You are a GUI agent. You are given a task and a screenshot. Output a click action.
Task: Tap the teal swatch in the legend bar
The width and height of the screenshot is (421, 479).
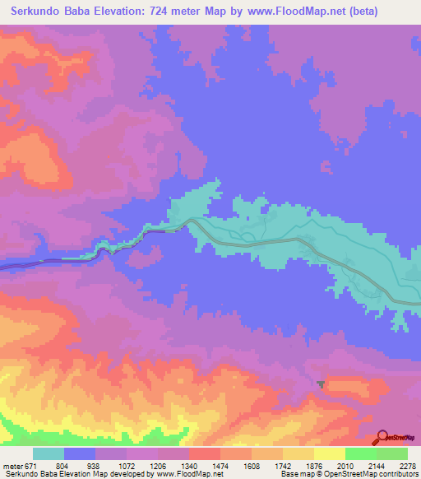click(x=49, y=453)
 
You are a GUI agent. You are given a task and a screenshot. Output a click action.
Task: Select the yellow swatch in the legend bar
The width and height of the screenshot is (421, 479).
click(x=329, y=453)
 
